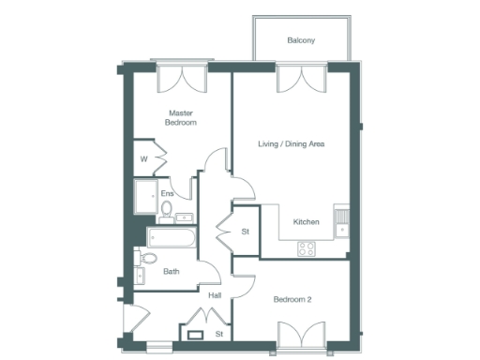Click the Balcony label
[301, 40]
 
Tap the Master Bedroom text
[181, 117]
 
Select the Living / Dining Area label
[292, 144]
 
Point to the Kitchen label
[307, 222]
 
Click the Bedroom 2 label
[292, 300]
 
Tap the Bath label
[172, 272]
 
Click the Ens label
[167, 194]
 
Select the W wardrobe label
[143, 158]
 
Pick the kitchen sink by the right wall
[342, 221]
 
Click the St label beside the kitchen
[246, 231]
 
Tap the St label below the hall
[218, 333]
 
